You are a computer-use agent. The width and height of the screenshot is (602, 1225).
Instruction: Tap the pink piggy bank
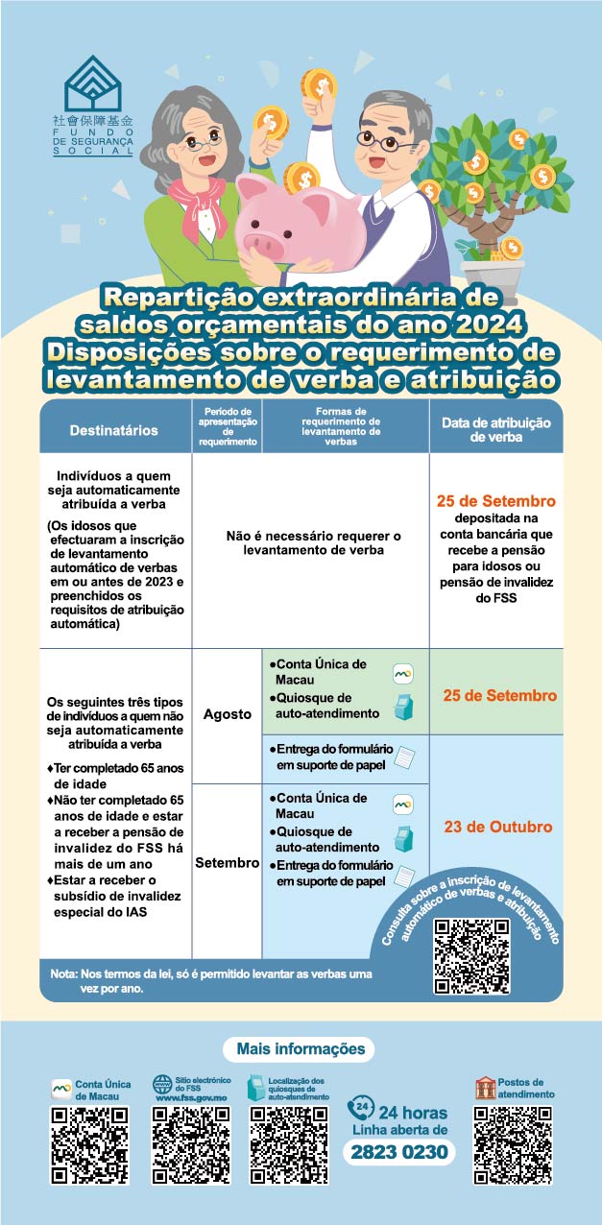click(292, 225)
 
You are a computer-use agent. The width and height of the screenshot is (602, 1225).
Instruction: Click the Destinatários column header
click(114, 431)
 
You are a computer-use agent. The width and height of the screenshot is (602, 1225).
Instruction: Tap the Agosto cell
click(227, 715)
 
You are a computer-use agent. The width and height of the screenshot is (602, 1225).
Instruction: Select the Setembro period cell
click(227, 863)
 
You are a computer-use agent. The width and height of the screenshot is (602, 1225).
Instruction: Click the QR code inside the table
click(471, 955)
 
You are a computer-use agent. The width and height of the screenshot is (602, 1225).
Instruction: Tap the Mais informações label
click(301, 1049)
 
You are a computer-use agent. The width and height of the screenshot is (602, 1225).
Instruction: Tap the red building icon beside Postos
click(486, 1088)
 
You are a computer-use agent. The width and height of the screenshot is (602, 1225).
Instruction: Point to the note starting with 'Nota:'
click(211, 980)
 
